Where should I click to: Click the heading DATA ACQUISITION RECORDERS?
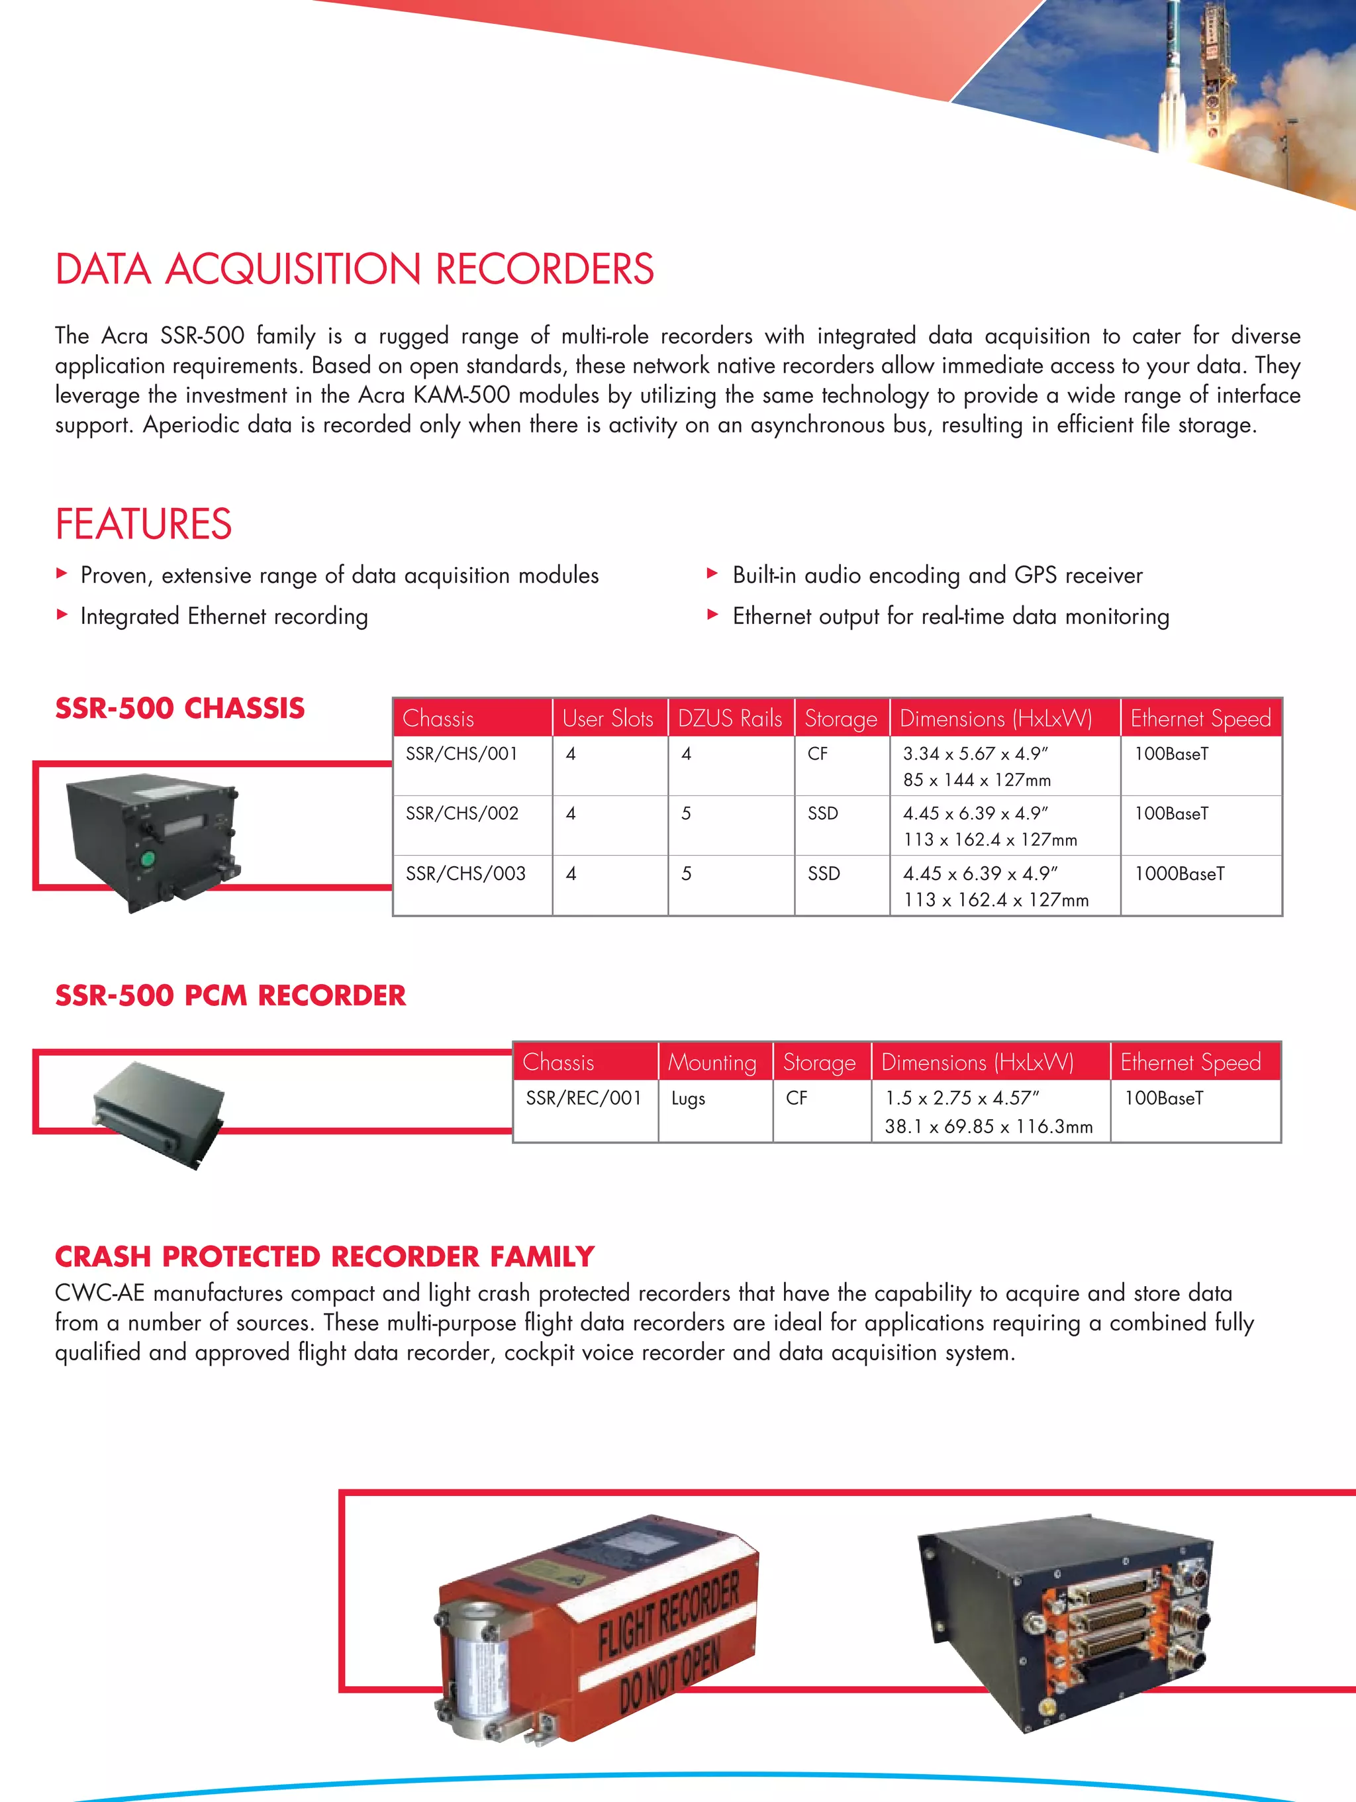354,270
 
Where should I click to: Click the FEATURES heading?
143,524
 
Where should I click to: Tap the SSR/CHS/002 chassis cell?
461,814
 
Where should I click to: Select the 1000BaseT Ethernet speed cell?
1179,874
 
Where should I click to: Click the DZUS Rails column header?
730,719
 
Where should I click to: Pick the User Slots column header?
608,719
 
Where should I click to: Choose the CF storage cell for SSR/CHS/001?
817,754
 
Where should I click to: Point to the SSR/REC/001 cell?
583,1098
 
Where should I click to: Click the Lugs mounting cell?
688,1099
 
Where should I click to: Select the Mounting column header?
712,1062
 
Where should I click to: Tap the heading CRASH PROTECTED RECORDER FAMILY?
324,1257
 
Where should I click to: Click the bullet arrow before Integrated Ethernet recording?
62,615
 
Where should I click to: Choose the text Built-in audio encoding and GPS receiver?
937,575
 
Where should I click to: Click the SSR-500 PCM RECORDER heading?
230,995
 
